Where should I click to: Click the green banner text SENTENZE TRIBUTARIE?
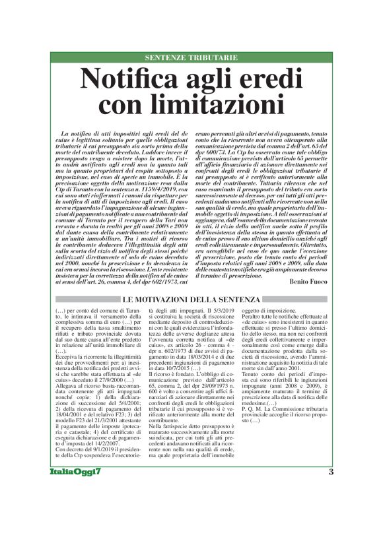[191, 58]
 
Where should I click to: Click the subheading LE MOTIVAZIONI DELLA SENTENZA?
[191, 300]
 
